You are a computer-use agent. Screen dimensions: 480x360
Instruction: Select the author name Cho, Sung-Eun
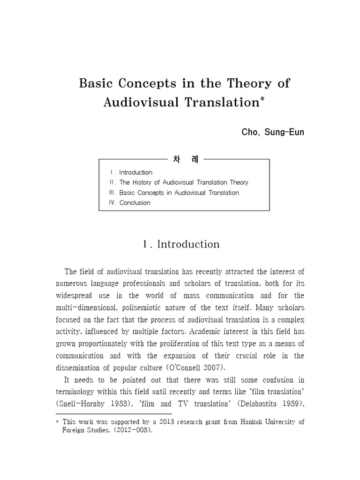[273, 132]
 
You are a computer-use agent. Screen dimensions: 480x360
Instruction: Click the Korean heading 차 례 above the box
[184, 159]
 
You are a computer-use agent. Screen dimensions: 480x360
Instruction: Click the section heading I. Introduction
[180, 244]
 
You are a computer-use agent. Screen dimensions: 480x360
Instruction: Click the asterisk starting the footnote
[58, 422]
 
